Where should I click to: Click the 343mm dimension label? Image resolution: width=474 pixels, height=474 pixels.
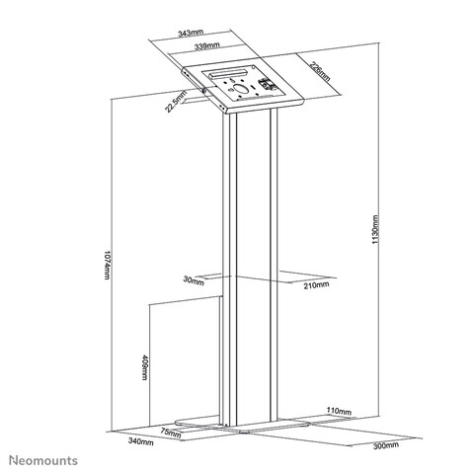191,33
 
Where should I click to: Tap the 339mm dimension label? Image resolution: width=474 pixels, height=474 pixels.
206,46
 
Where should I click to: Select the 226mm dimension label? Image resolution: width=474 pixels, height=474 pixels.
320,71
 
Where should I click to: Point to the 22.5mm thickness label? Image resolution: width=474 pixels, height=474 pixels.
176,102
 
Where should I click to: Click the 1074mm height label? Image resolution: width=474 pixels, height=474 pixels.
108,266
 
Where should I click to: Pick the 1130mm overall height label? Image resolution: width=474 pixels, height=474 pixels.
375,229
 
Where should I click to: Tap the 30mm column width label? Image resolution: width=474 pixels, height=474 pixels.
194,280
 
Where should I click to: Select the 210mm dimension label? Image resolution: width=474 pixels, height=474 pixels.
316,285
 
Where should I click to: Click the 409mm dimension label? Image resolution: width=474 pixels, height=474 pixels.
144,367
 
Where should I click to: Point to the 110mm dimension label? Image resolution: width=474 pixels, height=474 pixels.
339,411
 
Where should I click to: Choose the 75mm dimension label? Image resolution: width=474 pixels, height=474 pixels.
171,433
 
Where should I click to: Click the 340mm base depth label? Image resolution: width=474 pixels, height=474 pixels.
141,442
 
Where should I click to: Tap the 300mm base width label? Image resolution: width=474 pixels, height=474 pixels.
386,445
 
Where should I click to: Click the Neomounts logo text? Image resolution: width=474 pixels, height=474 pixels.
43,460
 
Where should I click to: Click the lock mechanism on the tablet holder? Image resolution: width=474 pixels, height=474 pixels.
267,85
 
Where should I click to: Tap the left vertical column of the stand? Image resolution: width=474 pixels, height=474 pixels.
229,270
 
